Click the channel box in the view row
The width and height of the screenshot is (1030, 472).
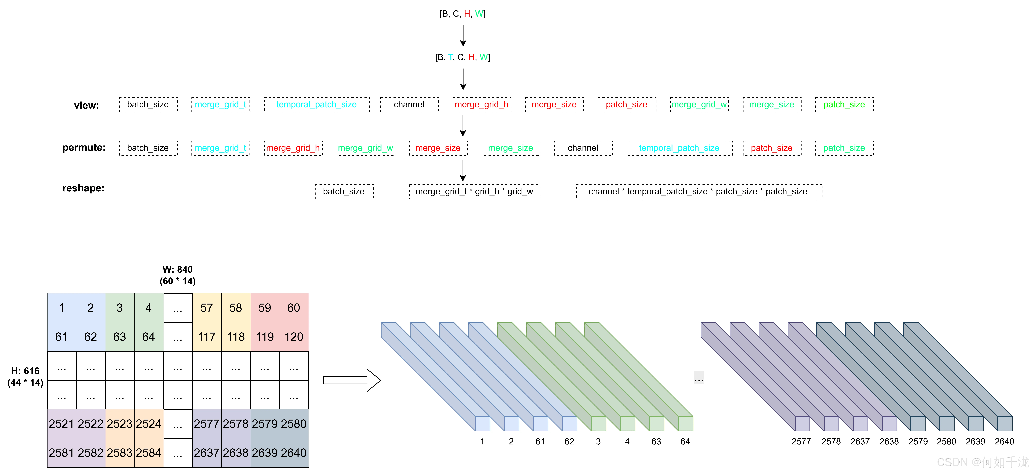point(409,105)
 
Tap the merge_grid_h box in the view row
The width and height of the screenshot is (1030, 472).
point(481,105)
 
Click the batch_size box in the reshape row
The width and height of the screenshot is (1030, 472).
point(344,192)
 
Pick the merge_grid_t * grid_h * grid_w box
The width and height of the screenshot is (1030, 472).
point(474,192)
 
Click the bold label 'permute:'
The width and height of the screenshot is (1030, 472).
point(84,148)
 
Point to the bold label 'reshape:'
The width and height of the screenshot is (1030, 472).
point(83,188)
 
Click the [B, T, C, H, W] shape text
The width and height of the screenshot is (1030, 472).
point(463,58)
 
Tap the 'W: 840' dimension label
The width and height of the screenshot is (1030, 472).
point(178,269)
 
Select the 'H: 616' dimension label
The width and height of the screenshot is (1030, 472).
point(25,371)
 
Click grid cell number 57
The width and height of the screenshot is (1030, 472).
point(207,308)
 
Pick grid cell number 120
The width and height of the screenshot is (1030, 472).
point(294,337)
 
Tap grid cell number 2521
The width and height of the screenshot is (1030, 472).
point(62,424)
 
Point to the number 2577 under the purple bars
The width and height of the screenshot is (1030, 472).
point(801,442)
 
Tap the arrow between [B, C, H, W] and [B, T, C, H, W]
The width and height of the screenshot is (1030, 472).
point(463,36)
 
